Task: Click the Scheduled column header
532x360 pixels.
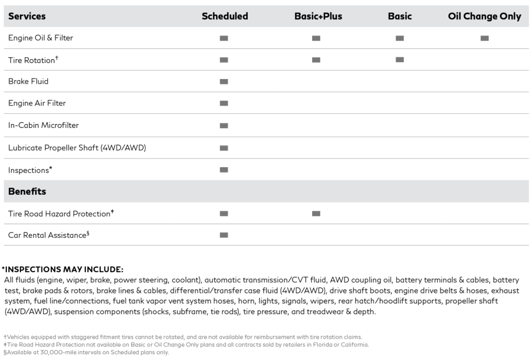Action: pos(224,16)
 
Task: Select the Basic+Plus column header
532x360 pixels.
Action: pos(318,16)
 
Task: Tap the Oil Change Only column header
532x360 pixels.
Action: pos(484,16)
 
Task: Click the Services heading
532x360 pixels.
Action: pos(27,16)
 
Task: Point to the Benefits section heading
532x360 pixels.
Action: pos(27,191)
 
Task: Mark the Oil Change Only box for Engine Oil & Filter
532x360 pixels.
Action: pos(485,38)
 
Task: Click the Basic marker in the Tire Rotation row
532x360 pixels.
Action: pos(400,60)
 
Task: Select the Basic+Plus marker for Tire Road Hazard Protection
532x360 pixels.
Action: pos(316,213)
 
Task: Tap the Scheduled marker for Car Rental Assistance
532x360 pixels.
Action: pos(224,235)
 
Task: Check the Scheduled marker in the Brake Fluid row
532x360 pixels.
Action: pos(224,82)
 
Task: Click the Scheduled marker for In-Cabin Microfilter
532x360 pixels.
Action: pos(224,126)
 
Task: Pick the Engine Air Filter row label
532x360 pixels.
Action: pos(37,103)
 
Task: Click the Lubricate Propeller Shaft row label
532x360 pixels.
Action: pos(77,148)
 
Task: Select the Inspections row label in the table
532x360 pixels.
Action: pos(30,170)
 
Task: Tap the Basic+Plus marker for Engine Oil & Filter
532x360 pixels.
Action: pos(316,38)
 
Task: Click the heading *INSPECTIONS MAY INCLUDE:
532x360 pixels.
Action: pos(62,269)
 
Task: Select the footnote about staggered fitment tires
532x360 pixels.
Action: pos(182,337)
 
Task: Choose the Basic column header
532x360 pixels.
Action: pos(400,16)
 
